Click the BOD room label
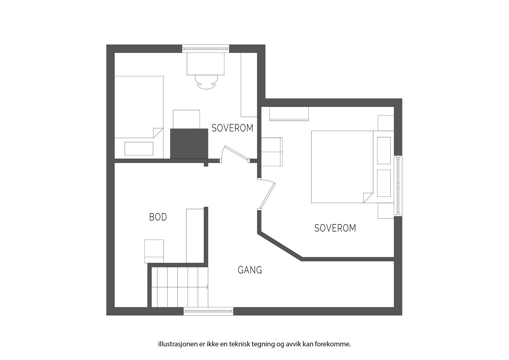click(158, 217)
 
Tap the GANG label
click(250, 270)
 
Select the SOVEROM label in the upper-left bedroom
click(232, 128)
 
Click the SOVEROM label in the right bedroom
click(335, 228)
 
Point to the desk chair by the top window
click(206, 82)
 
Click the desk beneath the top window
click(206, 64)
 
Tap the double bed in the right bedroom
click(340, 166)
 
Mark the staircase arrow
click(207, 287)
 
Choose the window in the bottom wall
click(208, 311)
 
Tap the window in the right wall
click(398, 186)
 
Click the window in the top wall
click(206, 48)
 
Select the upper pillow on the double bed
click(384, 151)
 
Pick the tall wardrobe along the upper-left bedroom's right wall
click(249, 85)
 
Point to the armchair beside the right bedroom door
click(272, 152)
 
